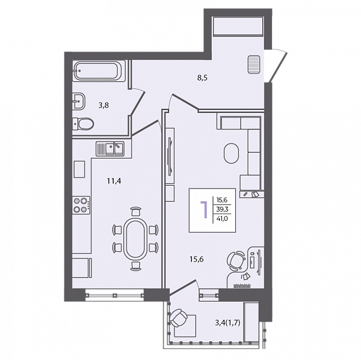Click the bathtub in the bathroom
[99, 71]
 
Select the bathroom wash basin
[79, 100]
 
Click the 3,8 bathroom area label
[103, 105]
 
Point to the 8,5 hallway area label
[202, 78]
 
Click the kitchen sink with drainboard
[110, 148]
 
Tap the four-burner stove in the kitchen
[81, 205]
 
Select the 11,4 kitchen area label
[114, 181]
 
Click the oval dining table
[135, 239]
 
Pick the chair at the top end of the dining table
[135, 211]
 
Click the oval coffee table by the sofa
[231, 153]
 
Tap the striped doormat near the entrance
[254, 64]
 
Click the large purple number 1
[204, 209]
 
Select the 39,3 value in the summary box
[222, 209]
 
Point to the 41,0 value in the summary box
[222, 219]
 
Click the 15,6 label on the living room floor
[197, 259]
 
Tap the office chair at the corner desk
[236, 261]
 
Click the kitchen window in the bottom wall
[114, 294]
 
